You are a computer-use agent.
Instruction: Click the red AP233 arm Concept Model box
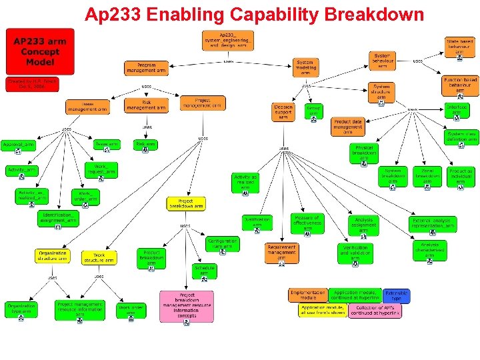coord(40,52)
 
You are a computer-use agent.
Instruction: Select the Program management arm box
coord(146,67)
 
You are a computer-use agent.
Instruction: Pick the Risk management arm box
coord(144,105)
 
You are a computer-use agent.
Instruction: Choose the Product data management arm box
coord(348,126)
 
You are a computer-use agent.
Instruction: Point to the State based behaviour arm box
coord(461,47)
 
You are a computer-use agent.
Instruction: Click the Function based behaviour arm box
coord(461,86)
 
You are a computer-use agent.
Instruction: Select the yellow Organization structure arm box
coord(53,256)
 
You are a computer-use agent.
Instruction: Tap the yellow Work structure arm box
coord(99,257)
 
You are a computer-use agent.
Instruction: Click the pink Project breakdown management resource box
coord(186,306)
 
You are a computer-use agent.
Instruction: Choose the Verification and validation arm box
coord(355,253)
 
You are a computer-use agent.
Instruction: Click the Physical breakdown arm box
coord(365,153)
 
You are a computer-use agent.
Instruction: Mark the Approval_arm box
coord(19,146)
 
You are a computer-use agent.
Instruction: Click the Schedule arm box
coord(205,271)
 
